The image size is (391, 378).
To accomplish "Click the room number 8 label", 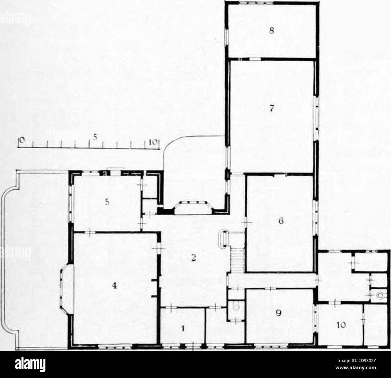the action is (272, 31).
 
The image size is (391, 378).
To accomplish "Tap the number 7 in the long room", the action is (272, 108).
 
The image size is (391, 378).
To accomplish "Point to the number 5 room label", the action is (107, 203).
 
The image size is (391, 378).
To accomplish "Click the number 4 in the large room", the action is (114, 286).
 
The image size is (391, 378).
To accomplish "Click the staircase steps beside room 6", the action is (238, 260).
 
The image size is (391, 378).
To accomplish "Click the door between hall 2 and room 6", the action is (246, 222).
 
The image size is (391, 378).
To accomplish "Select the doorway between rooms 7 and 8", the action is (256, 59).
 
